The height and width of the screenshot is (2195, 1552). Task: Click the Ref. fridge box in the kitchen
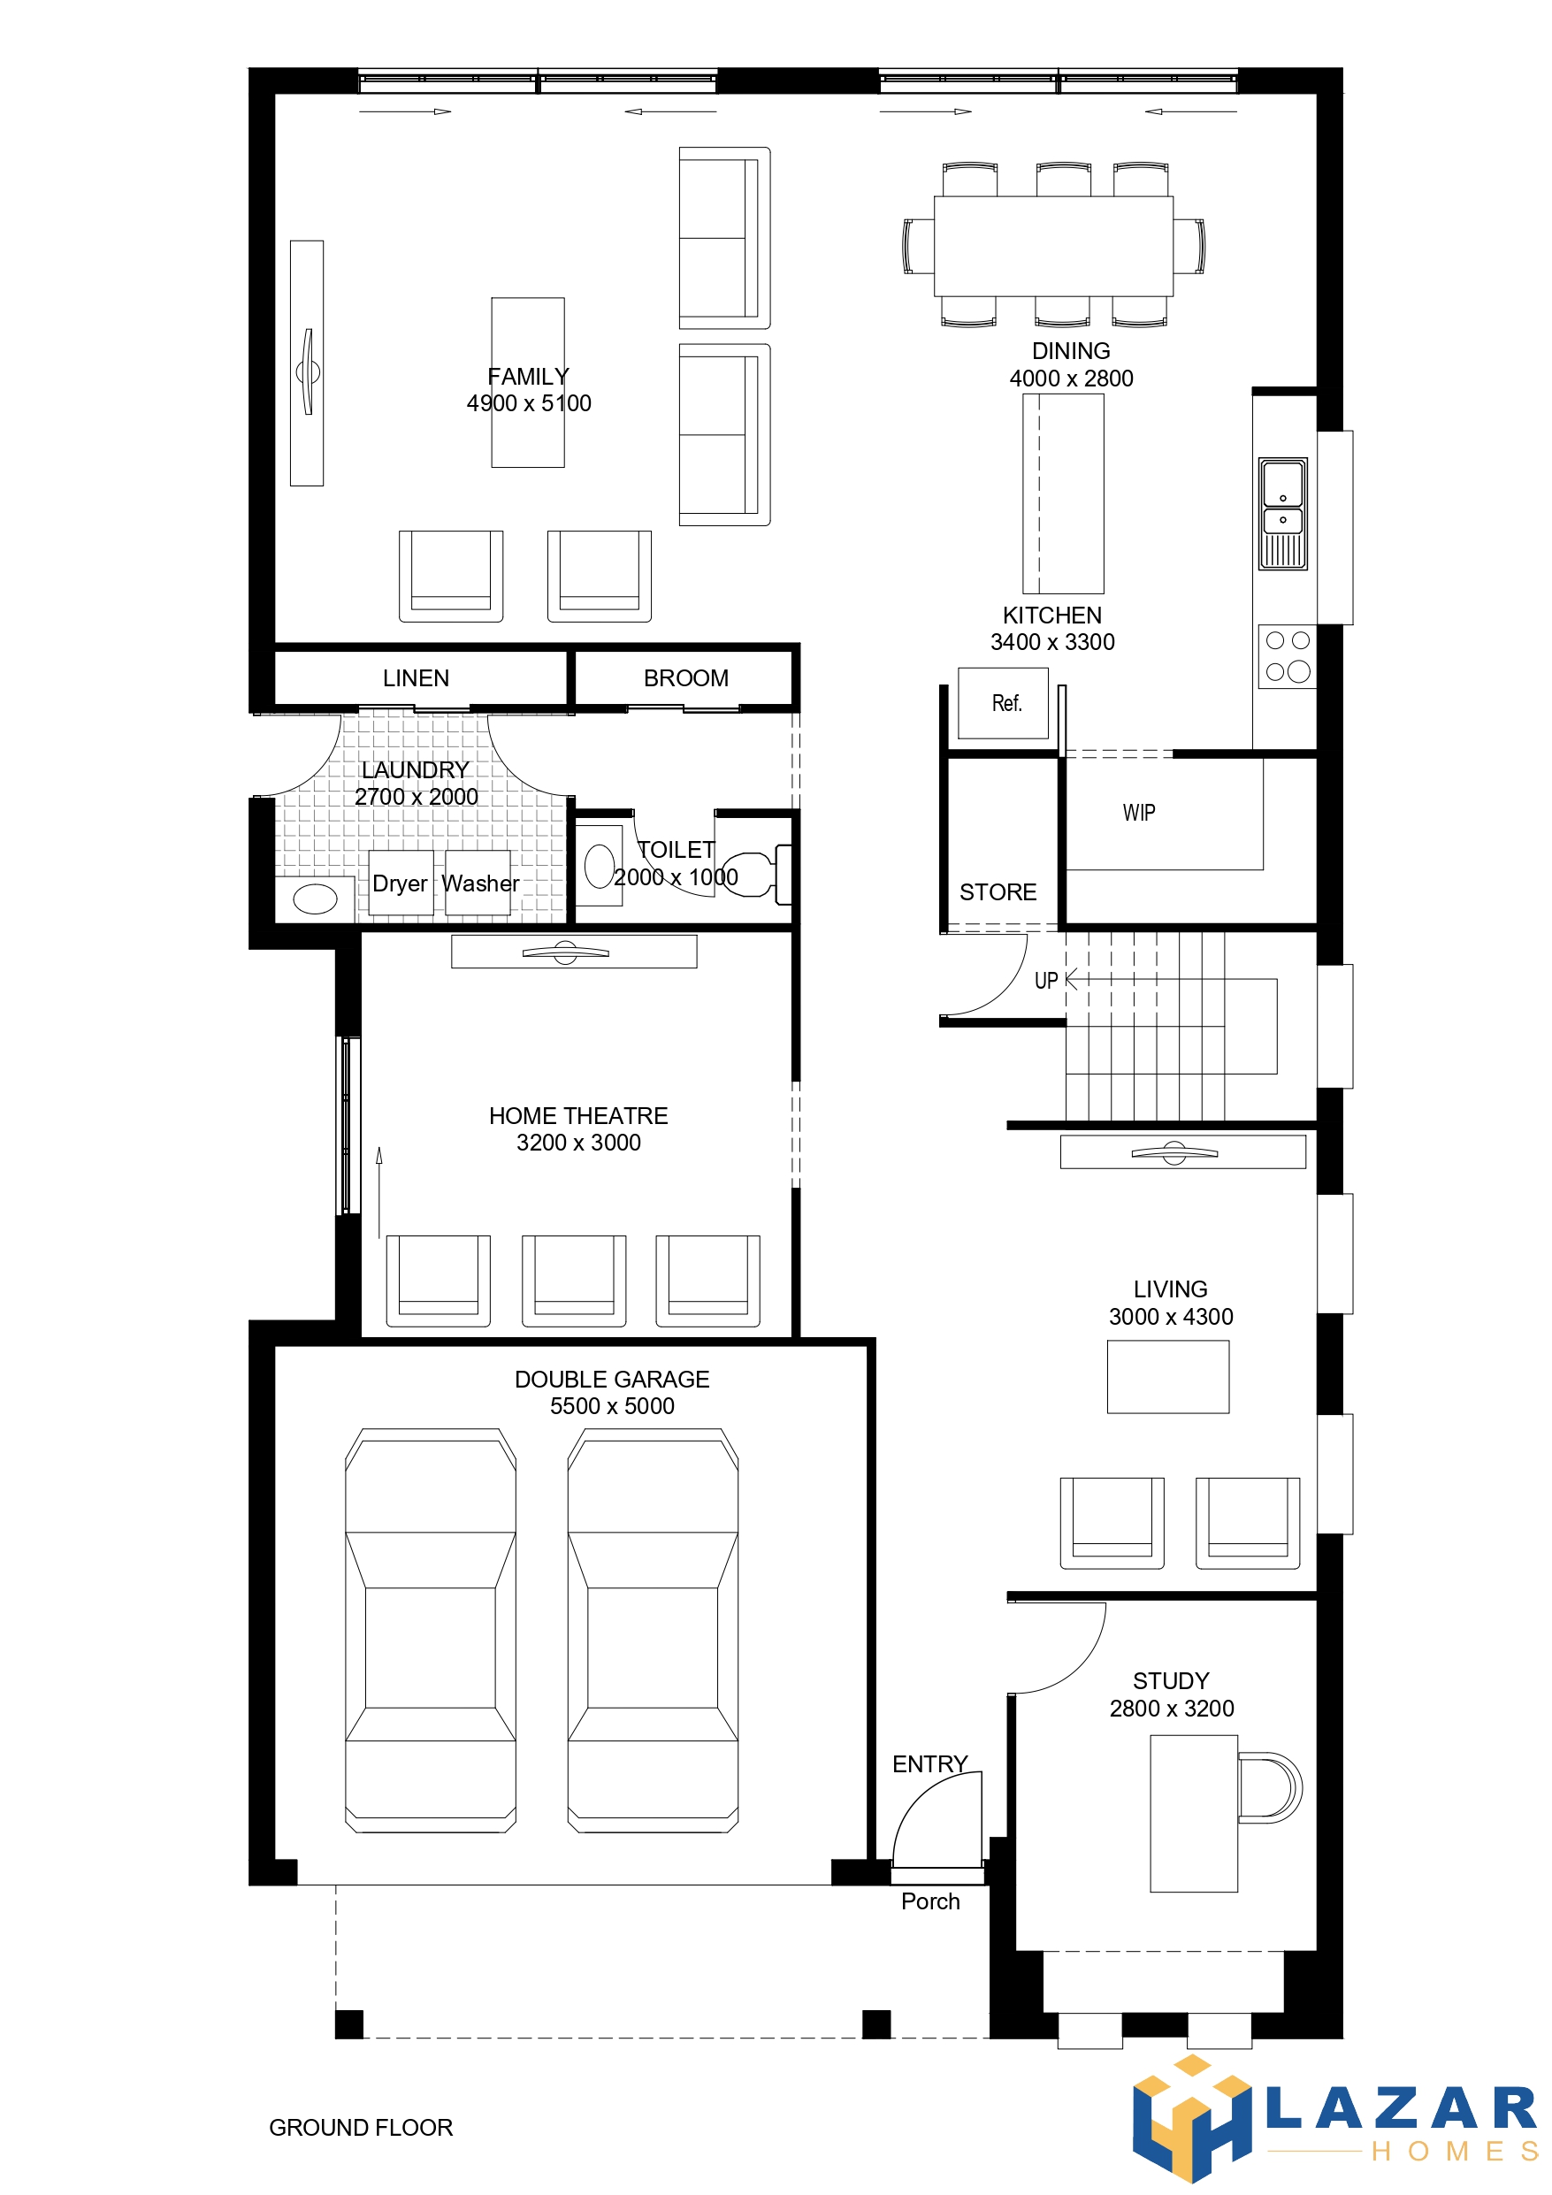tap(1003, 703)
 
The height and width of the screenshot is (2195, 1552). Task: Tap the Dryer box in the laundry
tap(401, 883)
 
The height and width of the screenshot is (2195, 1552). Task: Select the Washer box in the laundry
tap(478, 883)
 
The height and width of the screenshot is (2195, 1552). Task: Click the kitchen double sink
tap(1282, 514)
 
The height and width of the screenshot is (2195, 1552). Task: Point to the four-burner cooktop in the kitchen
tap(1287, 657)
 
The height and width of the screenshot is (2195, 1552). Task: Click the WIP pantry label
tap(1139, 813)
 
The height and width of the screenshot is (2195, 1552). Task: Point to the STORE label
tap(998, 892)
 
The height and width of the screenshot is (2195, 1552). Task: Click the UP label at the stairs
tap(1046, 980)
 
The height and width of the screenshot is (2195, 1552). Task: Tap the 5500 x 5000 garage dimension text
tap(612, 1405)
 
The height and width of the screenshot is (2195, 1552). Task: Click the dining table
tap(1053, 246)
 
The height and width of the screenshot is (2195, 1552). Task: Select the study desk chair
tap(1270, 1787)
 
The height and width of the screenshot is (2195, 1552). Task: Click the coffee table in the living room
tap(1167, 1377)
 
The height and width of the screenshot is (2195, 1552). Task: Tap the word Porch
tap(930, 1901)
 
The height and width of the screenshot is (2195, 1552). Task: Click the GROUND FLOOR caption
tap(361, 2127)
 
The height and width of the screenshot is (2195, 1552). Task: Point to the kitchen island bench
tap(1062, 493)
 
